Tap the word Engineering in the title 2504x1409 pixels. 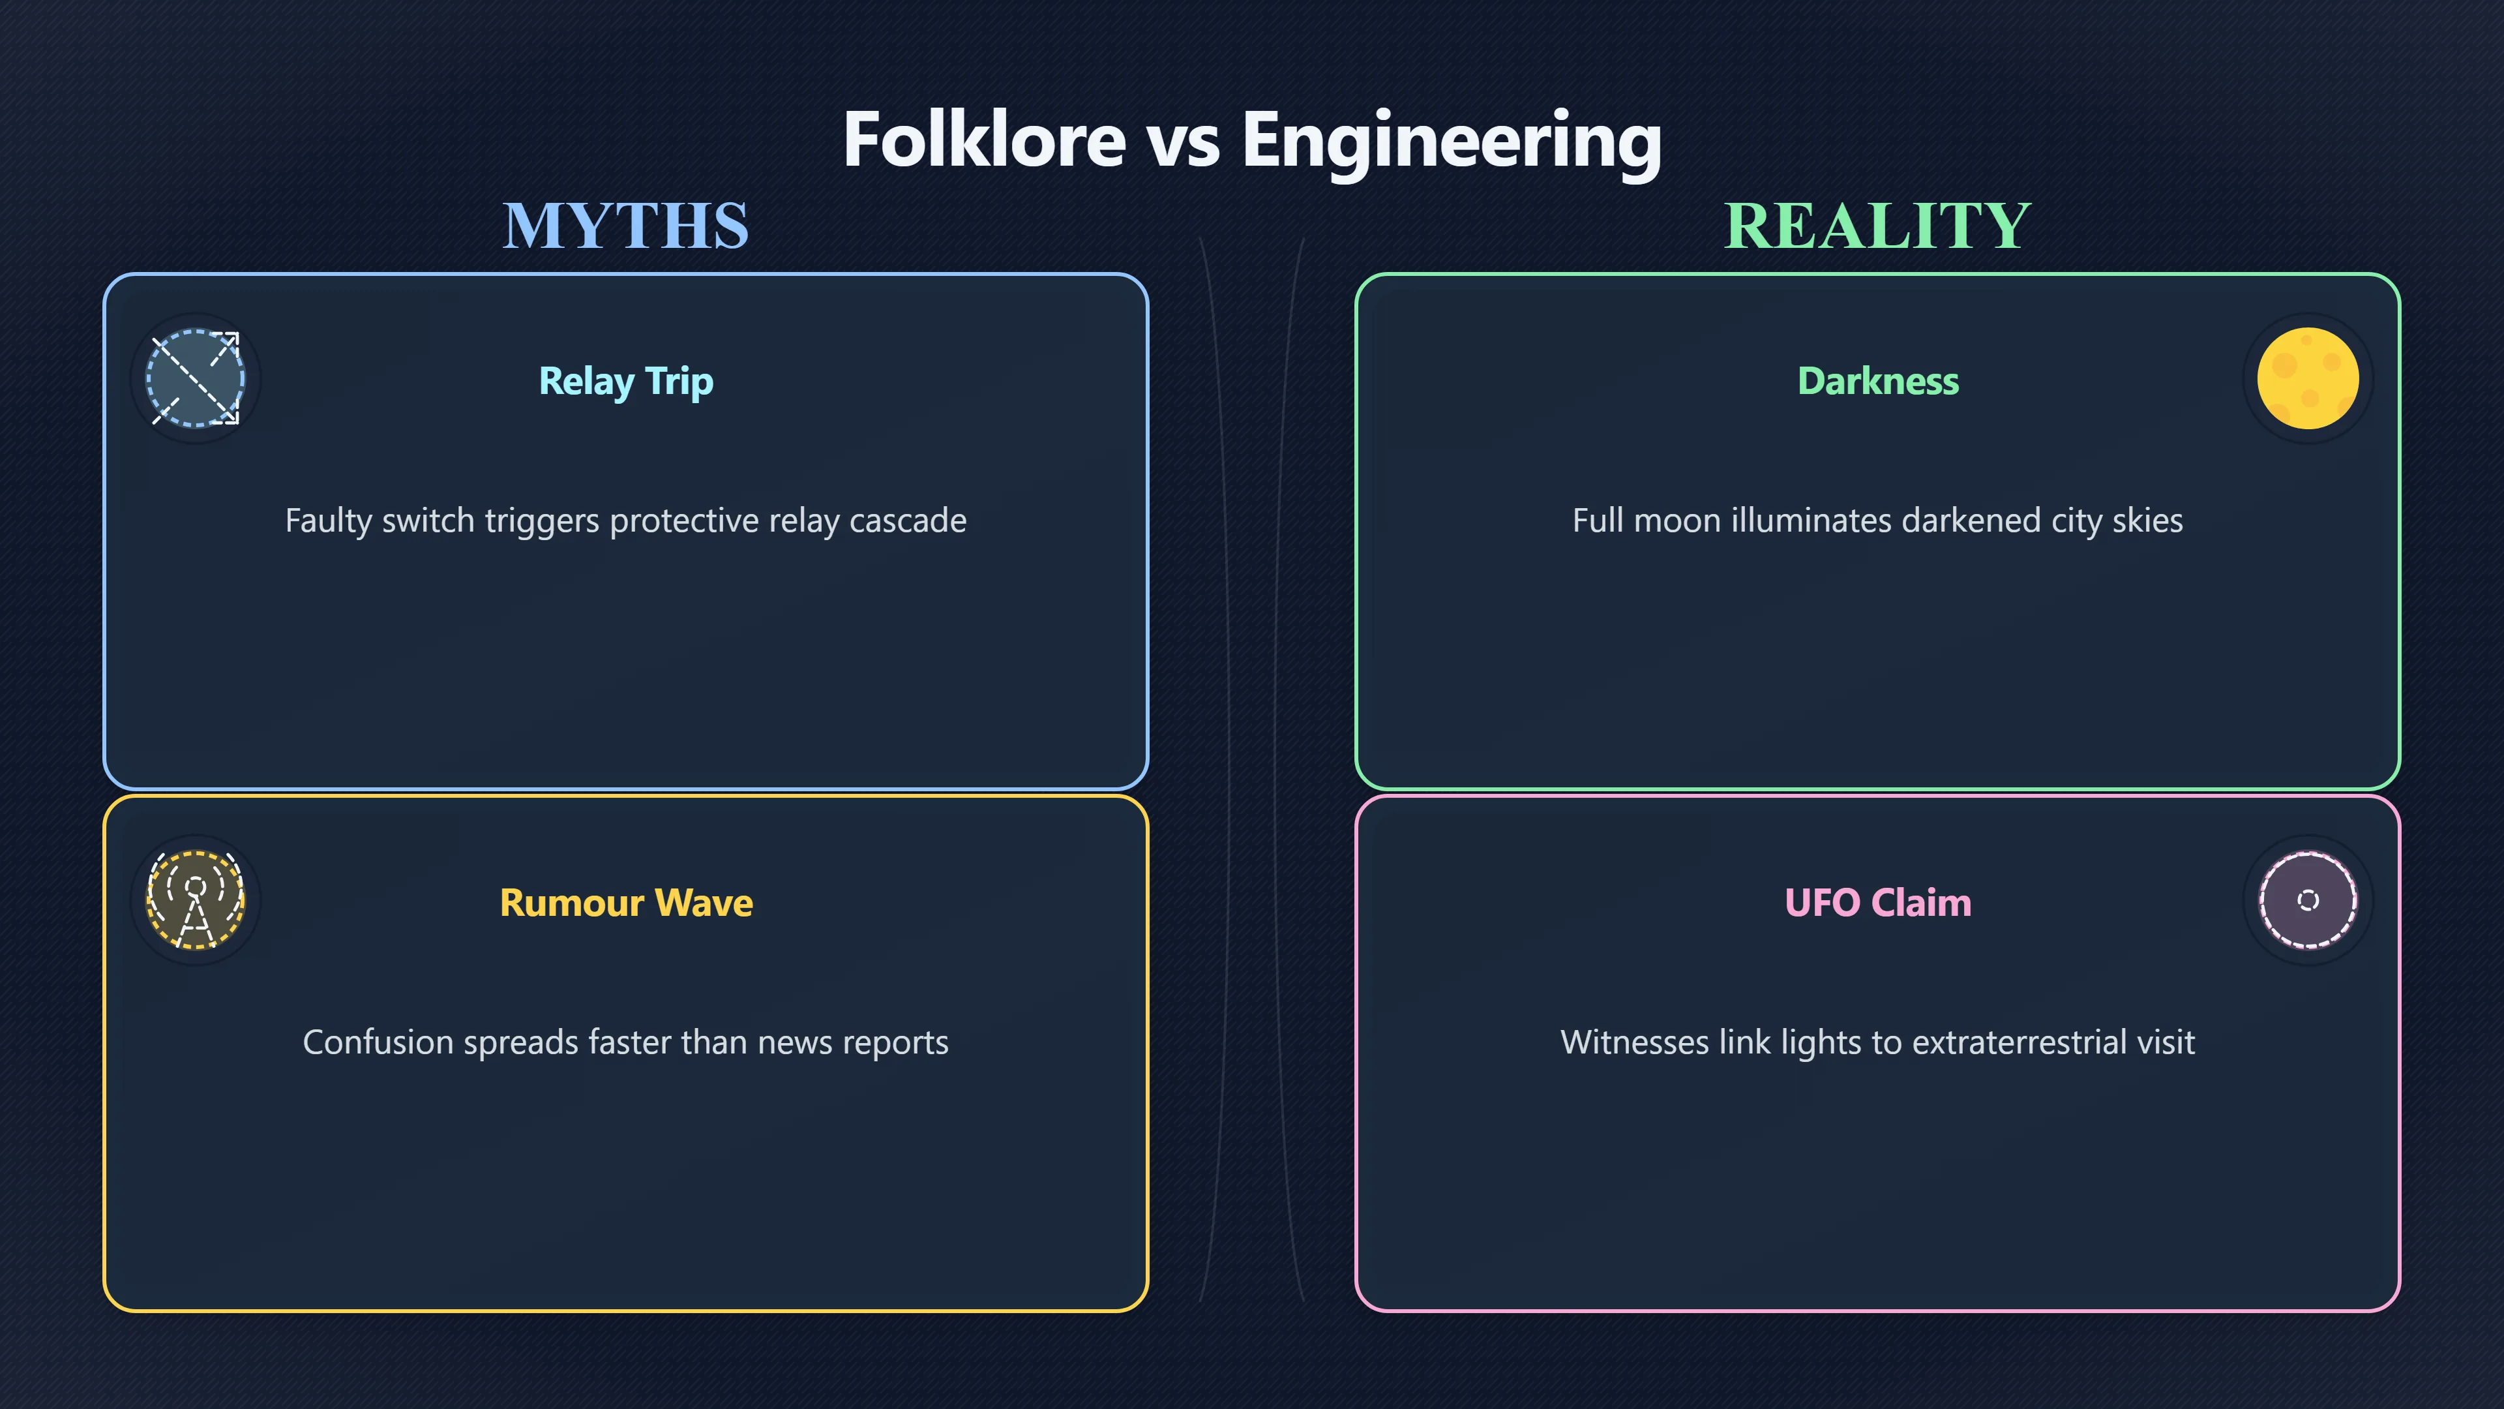click(x=1452, y=142)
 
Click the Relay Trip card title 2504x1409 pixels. click(x=626, y=381)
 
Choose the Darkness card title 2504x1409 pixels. click(x=1878, y=380)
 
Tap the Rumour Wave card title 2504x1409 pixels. click(x=626, y=902)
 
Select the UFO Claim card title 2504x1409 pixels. click(x=1878, y=902)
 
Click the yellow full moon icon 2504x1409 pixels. click(x=2308, y=378)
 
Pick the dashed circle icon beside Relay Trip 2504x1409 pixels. click(x=196, y=378)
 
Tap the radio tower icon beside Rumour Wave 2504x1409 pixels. click(x=196, y=900)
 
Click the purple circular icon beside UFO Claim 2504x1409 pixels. click(x=2308, y=900)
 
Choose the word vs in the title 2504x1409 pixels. click(x=1183, y=146)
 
